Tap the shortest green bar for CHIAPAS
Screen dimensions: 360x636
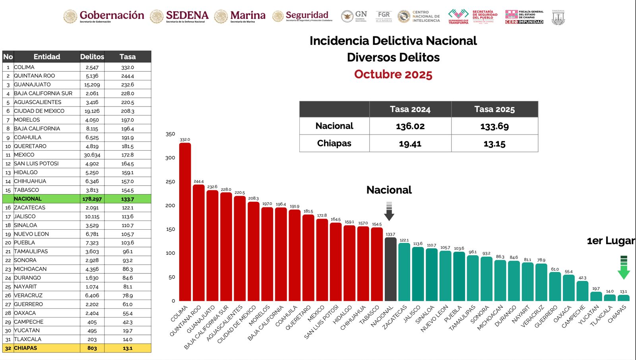(x=623, y=298)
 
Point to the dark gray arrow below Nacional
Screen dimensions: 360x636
(x=389, y=211)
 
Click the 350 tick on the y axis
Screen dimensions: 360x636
(x=170, y=134)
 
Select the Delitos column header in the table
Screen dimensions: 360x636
(x=92, y=57)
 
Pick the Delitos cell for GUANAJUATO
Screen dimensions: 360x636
(x=92, y=85)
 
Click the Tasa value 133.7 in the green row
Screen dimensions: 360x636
(x=128, y=199)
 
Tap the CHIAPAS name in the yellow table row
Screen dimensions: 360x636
(x=25, y=348)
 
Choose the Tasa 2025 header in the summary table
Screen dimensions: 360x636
(x=494, y=109)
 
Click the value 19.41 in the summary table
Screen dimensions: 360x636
(x=410, y=143)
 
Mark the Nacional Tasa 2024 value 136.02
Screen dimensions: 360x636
(x=410, y=126)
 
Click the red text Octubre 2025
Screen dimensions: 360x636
(x=393, y=74)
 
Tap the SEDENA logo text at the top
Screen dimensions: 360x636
(x=187, y=15)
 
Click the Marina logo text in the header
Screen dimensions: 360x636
(x=248, y=15)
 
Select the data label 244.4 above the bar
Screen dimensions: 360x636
(x=199, y=182)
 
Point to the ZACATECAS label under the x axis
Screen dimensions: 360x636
(x=396, y=317)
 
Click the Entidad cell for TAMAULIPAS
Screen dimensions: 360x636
(x=31, y=252)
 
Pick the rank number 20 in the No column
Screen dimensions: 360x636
(x=8, y=243)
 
